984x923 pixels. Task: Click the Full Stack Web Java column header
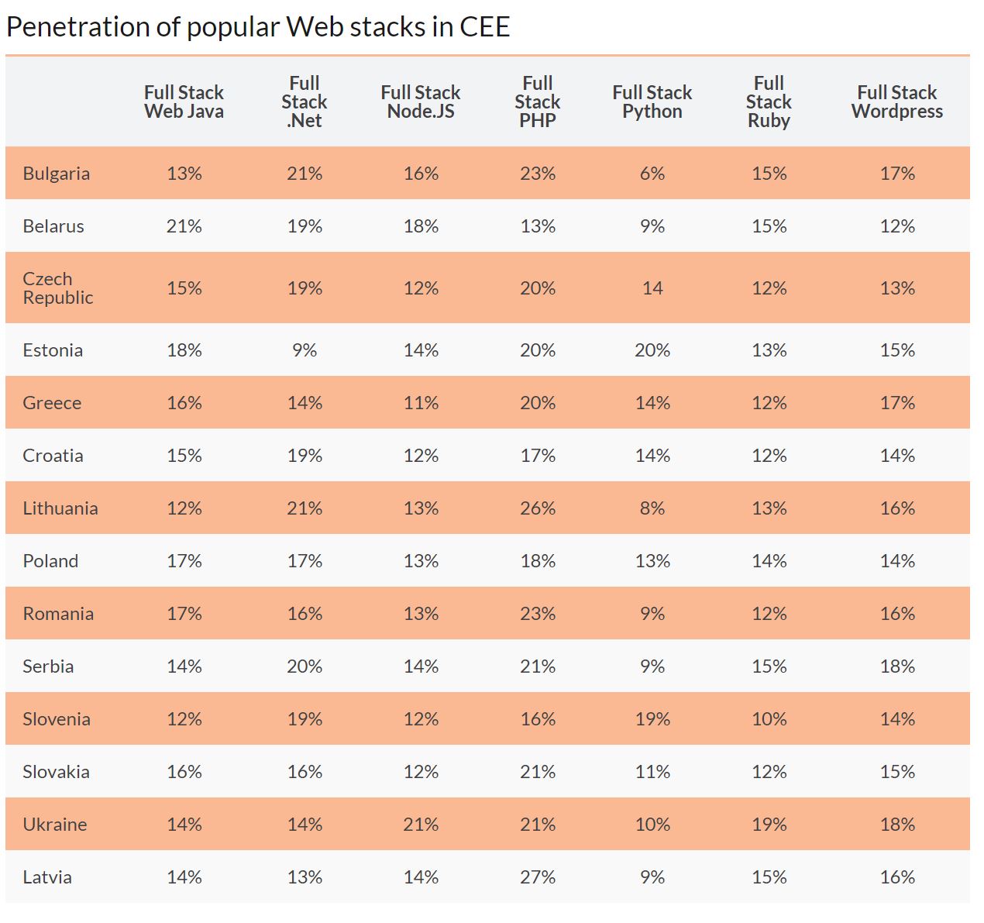(184, 102)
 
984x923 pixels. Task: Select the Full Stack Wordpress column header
(896, 102)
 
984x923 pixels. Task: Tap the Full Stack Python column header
(652, 102)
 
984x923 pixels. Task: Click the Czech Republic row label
(57, 288)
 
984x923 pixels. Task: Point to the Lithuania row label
(60, 508)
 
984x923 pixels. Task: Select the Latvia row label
(47, 877)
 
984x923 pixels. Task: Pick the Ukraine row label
(54, 825)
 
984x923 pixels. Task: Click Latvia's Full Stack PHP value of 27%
(538, 877)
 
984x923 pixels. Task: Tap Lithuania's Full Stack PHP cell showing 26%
(538, 508)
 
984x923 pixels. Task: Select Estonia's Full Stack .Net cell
(304, 350)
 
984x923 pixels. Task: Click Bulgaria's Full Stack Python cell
(652, 174)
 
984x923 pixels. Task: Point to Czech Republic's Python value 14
(652, 288)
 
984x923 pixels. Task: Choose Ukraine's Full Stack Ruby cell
(769, 825)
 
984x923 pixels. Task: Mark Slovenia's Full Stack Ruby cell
(769, 719)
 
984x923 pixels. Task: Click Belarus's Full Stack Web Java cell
(184, 226)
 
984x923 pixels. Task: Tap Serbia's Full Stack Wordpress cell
(896, 666)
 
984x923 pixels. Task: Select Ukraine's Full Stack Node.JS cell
(421, 825)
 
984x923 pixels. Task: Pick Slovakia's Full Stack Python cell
(652, 772)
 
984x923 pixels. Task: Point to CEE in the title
(484, 27)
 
